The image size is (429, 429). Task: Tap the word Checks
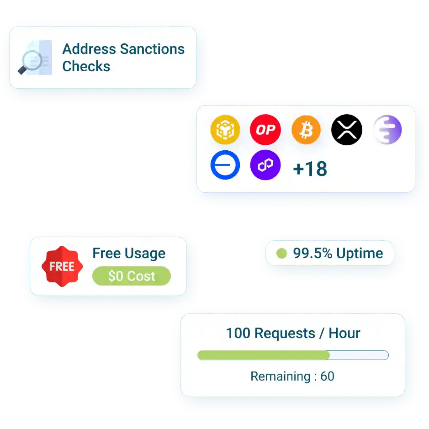click(x=86, y=66)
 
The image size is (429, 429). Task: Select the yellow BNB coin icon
click(x=225, y=129)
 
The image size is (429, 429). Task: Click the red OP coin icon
click(x=265, y=130)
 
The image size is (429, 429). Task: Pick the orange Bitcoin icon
click(x=306, y=130)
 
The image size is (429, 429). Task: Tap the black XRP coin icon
click(x=346, y=130)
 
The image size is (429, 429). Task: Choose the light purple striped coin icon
click(x=387, y=130)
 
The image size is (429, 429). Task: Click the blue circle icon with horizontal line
click(x=225, y=165)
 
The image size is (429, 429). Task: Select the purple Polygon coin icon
click(x=265, y=165)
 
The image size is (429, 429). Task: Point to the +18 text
click(x=310, y=169)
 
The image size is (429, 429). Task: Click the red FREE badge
click(x=62, y=267)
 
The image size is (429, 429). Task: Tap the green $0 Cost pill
click(x=131, y=276)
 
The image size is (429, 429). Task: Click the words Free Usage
click(x=129, y=254)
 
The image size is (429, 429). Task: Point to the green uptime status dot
click(x=281, y=253)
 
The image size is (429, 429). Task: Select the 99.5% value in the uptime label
click(x=312, y=253)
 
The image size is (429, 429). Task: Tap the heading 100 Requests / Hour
click(x=293, y=333)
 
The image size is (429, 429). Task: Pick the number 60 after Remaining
click(x=327, y=376)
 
